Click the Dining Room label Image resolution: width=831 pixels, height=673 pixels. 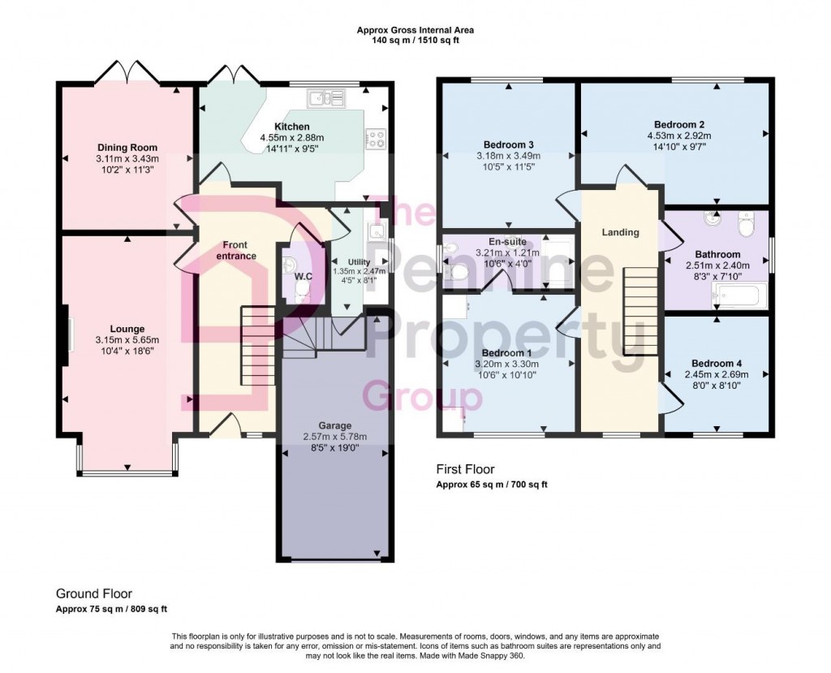tap(127, 148)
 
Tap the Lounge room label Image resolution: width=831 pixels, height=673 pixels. tap(127, 330)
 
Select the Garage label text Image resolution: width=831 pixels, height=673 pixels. tap(335, 426)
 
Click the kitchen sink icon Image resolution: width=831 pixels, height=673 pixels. tap(325, 97)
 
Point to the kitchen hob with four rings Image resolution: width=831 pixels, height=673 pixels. tap(376, 140)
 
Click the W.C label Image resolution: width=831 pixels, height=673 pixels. tap(304, 276)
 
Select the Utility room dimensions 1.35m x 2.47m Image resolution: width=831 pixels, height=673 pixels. tap(359, 271)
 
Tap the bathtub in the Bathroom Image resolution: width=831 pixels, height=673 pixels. tap(740, 296)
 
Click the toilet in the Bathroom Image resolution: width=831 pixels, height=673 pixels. tap(746, 225)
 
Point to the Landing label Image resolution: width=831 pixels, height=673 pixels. tap(620, 232)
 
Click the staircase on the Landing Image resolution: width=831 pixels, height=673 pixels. tap(634, 311)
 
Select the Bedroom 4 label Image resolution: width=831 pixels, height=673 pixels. tap(717, 364)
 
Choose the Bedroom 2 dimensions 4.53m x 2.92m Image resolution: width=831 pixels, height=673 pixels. tap(679, 136)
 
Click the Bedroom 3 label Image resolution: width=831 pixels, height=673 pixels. tap(508, 145)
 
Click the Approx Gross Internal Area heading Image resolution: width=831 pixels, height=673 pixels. tap(415, 30)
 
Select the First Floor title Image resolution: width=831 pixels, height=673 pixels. tap(465, 469)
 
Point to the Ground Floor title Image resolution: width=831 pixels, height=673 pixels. tap(94, 594)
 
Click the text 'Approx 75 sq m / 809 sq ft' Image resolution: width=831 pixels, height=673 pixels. tap(111, 610)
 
